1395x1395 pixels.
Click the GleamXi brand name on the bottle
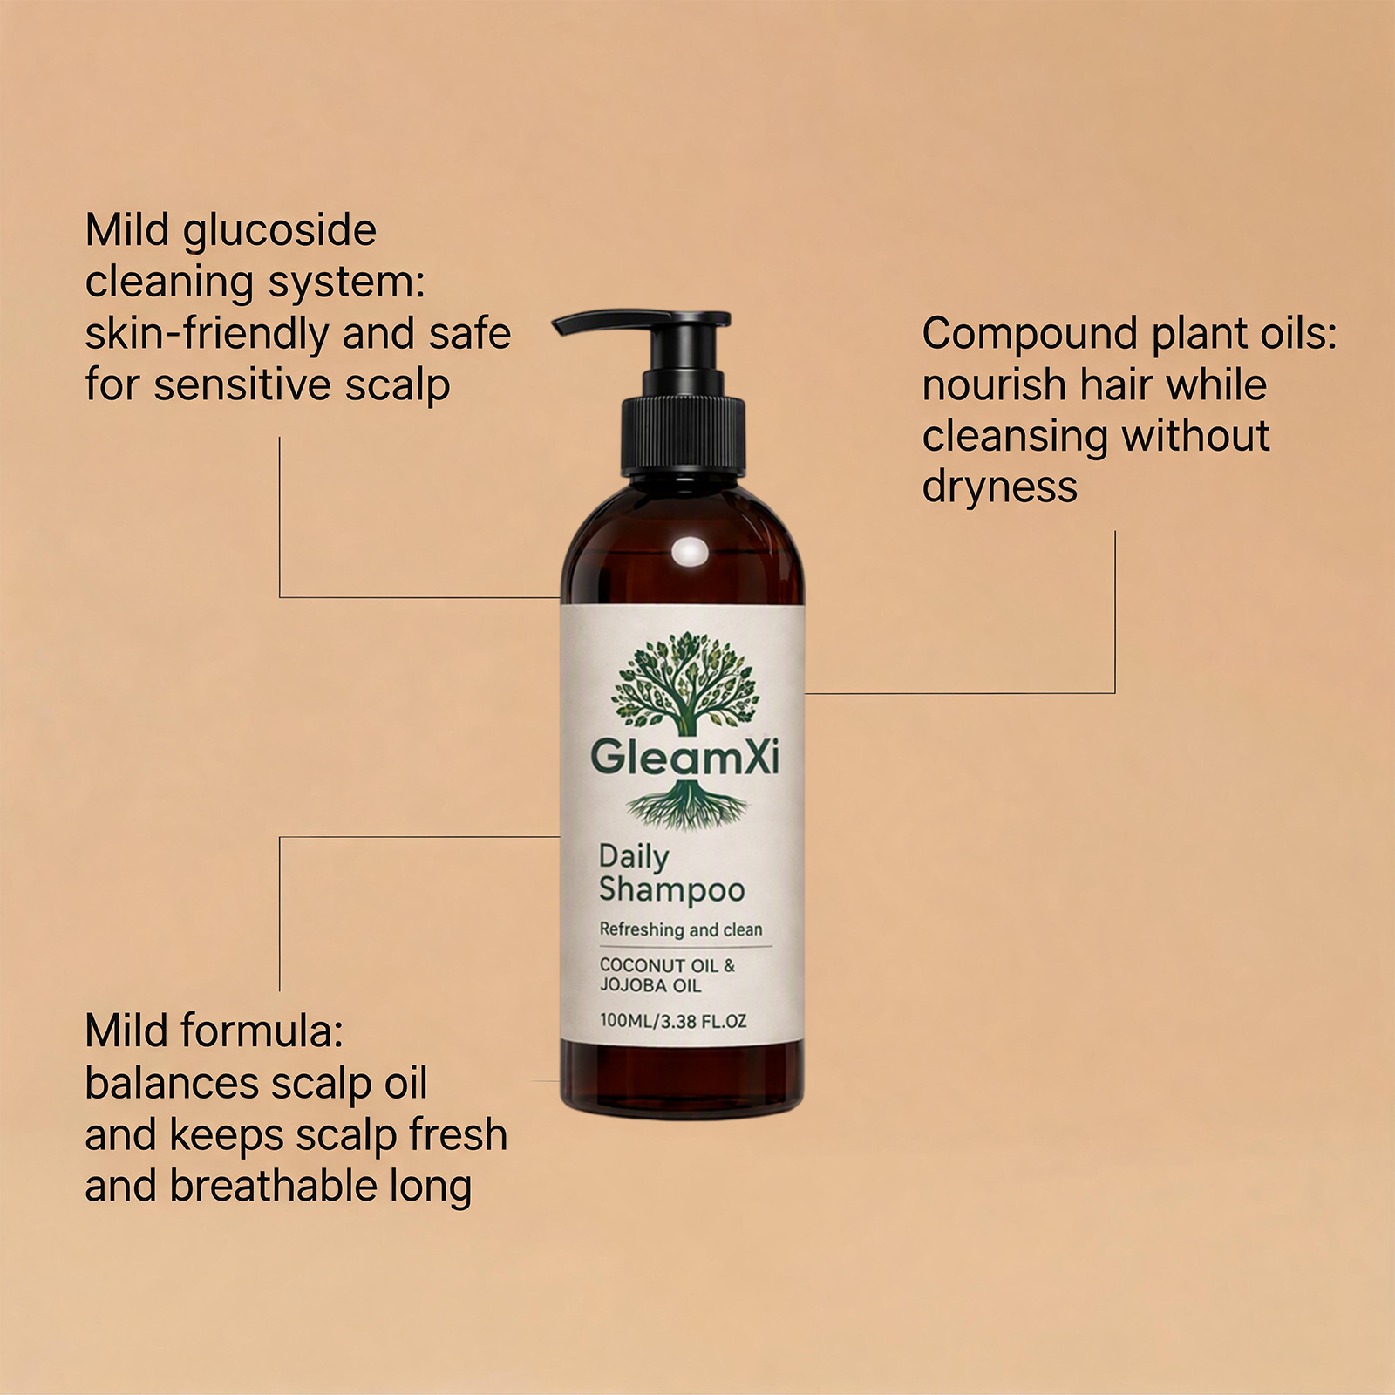click(x=684, y=757)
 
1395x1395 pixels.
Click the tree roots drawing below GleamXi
click(x=686, y=804)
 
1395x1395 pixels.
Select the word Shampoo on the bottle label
click(x=671, y=890)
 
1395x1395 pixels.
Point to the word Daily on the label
click(x=634, y=858)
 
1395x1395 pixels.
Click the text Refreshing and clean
click(x=681, y=929)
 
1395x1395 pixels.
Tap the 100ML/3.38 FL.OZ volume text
click(x=673, y=1021)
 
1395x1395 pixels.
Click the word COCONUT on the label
click(x=643, y=965)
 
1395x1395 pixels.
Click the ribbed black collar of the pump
click(x=683, y=436)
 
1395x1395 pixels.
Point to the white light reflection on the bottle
click(x=691, y=552)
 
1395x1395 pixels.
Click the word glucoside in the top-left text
click(x=280, y=232)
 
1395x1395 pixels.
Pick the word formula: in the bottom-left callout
click(x=263, y=1031)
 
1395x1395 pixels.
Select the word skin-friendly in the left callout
click(x=207, y=334)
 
